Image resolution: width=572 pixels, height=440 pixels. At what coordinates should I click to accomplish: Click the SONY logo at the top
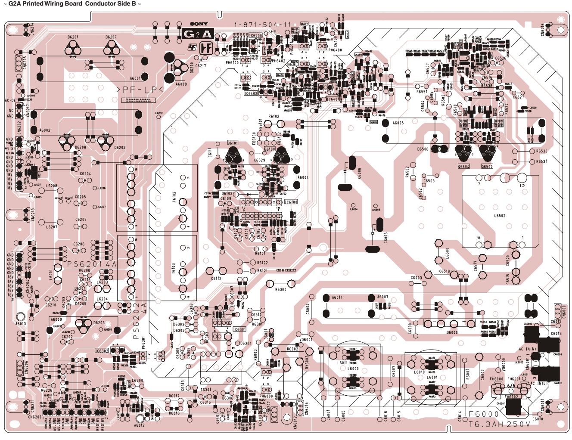(199, 24)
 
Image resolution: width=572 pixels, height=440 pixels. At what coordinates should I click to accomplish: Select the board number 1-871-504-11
(262, 25)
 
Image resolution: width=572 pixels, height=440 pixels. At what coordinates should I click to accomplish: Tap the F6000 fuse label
(483, 414)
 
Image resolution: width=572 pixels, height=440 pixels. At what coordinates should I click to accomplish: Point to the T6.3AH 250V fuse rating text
(500, 424)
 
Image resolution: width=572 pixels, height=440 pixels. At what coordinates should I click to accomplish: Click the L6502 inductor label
(500, 216)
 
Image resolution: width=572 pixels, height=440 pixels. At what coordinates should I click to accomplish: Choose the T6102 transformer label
(174, 197)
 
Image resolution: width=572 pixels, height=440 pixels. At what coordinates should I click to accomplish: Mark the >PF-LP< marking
(140, 90)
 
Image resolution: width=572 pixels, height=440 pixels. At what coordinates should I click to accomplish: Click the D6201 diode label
(73, 37)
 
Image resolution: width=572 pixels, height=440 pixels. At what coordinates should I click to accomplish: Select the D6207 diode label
(111, 37)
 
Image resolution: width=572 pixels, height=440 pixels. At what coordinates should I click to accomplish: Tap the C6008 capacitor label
(359, 173)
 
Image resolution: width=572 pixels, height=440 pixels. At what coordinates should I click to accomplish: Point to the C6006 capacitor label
(386, 238)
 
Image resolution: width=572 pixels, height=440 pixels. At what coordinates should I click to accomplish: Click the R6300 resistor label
(281, 290)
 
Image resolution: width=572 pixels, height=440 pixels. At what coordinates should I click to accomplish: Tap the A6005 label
(398, 123)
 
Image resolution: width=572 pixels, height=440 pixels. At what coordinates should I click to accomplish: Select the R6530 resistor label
(541, 151)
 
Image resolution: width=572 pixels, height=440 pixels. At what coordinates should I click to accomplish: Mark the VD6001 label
(306, 340)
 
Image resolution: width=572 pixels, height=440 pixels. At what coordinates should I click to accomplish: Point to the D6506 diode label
(423, 149)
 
